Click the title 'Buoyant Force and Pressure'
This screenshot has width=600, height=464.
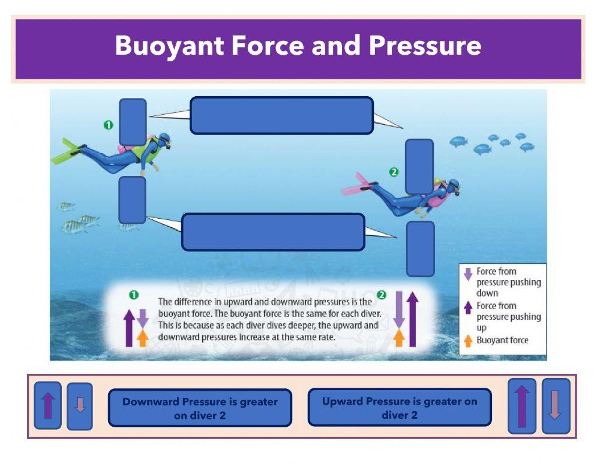point(298,46)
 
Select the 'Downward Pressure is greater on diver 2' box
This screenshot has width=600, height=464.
point(200,408)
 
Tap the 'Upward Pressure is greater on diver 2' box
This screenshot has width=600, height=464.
point(399,408)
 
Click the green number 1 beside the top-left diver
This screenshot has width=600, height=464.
point(108,125)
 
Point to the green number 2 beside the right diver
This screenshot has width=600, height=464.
point(394,172)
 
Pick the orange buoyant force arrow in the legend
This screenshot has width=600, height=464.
point(468,340)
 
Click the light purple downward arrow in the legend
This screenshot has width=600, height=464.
point(468,274)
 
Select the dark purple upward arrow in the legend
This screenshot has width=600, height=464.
point(468,308)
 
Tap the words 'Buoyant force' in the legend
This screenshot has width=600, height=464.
point(502,340)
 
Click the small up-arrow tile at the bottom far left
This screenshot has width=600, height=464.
point(47,406)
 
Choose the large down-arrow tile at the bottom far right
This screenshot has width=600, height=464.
point(556,406)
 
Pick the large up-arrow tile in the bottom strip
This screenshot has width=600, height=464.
point(521,406)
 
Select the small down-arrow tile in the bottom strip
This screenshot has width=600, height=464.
point(80,406)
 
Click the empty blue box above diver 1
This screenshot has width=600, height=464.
point(133,121)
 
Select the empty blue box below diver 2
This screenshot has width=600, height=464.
point(420,249)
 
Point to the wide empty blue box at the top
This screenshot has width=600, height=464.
point(281,115)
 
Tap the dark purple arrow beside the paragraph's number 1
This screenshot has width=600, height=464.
point(129,328)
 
